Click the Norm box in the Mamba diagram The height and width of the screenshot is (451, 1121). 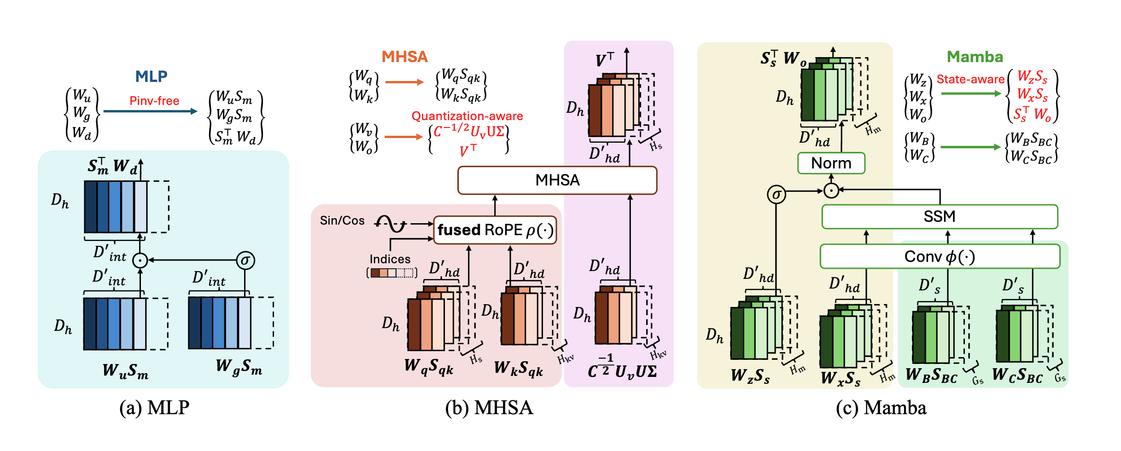click(831, 163)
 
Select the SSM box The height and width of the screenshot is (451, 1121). click(940, 216)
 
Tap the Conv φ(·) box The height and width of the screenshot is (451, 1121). click(940, 256)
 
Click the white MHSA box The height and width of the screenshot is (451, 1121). click(557, 180)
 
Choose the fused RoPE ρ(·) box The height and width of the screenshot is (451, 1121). click(495, 230)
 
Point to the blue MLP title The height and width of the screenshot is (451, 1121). click(151, 76)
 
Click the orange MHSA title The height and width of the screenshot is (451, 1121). click(405, 57)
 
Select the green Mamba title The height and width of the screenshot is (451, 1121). click(975, 57)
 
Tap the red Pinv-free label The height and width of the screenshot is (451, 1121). click(154, 101)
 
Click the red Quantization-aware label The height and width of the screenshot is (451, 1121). click(467, 116)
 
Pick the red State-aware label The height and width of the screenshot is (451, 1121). click(970, 79)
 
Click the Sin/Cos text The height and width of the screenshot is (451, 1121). click(342, 220)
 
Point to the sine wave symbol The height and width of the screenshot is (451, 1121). click(391, 224)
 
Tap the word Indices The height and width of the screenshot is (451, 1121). click(390, 259)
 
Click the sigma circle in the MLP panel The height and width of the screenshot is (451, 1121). click(245, 260)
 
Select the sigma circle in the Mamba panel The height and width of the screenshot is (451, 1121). click(776, 194)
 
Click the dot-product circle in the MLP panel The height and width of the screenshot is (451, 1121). click(140, 260)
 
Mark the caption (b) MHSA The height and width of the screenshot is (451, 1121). click(489, 408)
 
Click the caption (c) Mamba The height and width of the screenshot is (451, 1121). click(881, 408)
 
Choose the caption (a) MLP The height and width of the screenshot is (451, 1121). click(154, 408)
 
